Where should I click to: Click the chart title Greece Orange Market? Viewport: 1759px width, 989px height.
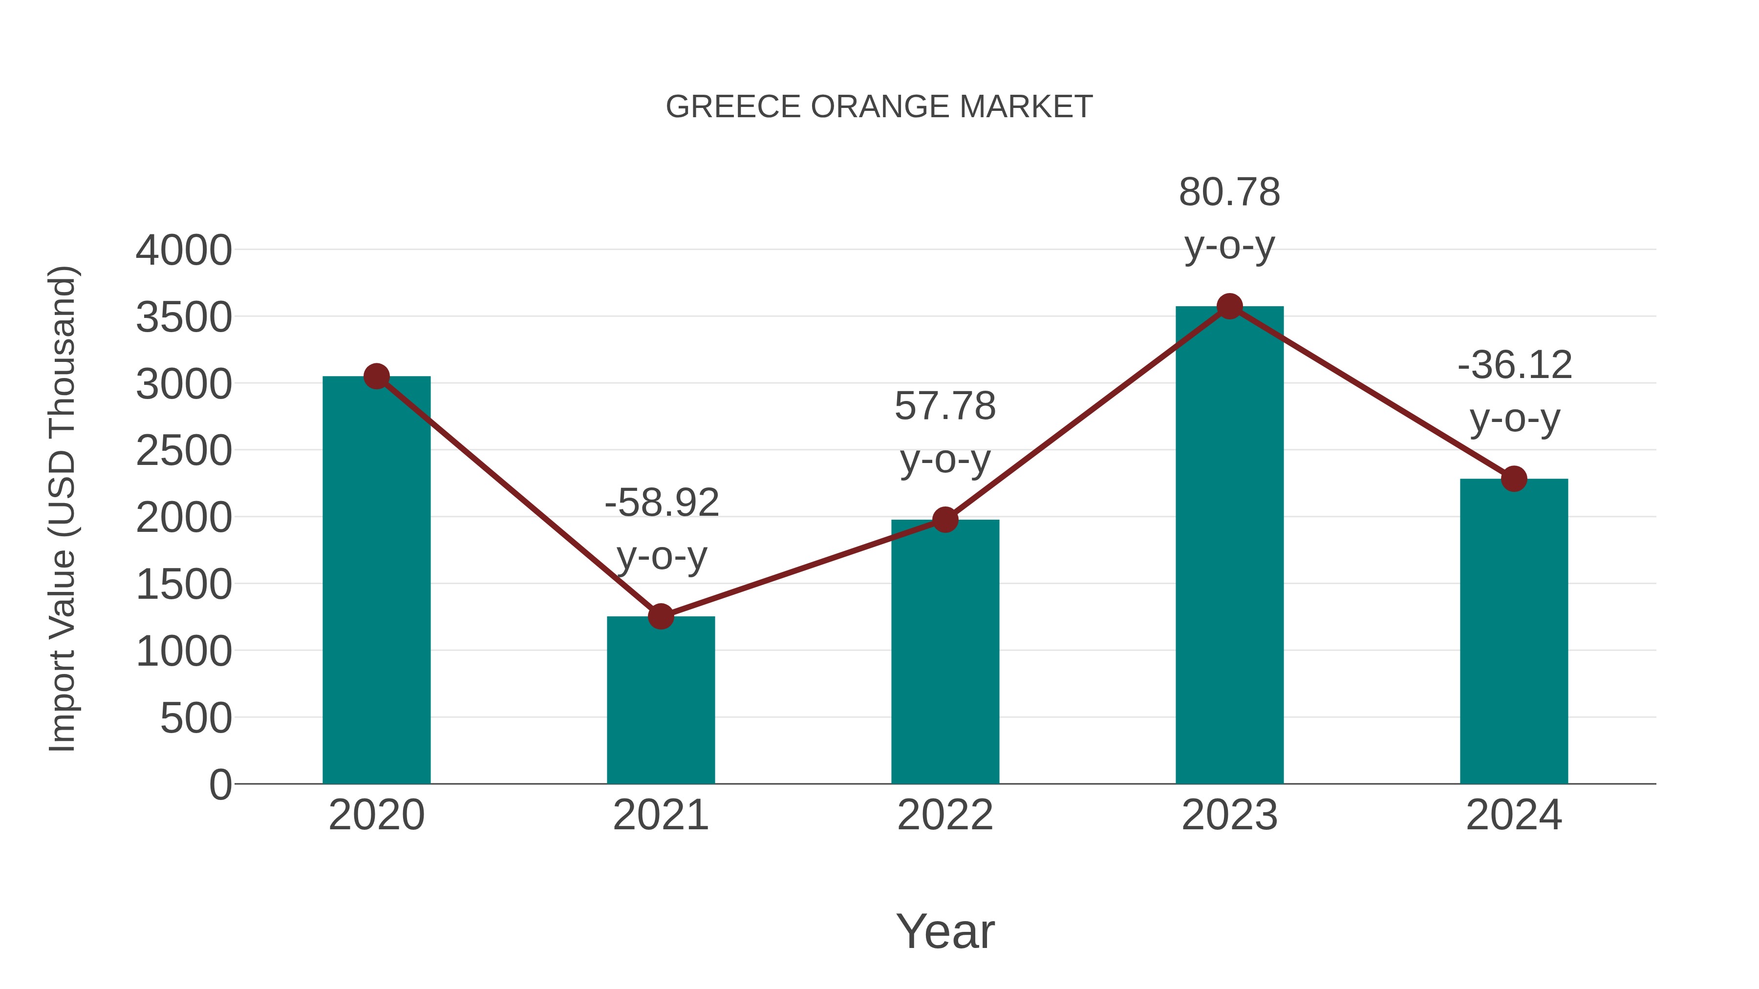[879, 107]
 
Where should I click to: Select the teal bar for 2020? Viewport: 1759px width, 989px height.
[376, 580]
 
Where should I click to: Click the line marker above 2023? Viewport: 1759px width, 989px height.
[1229, 306]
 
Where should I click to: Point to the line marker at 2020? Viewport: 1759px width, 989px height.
[376, 376]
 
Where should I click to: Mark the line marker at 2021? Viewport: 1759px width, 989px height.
[660, 616]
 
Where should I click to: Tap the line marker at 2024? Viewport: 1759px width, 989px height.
[1514, 479]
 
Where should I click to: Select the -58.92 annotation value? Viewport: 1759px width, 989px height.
[662, 503]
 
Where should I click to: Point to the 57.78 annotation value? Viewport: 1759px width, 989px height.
[945, 406]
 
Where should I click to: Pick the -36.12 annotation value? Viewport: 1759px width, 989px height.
[1515, 365]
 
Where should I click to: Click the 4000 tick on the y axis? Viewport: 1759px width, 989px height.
[184, 251]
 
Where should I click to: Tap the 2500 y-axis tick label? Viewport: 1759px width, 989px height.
[184, 451]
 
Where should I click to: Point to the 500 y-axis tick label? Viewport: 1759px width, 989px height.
[196, 719]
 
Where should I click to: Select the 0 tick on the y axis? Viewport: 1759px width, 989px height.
[220, 785]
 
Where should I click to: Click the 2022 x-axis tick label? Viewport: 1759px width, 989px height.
[945, 815]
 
